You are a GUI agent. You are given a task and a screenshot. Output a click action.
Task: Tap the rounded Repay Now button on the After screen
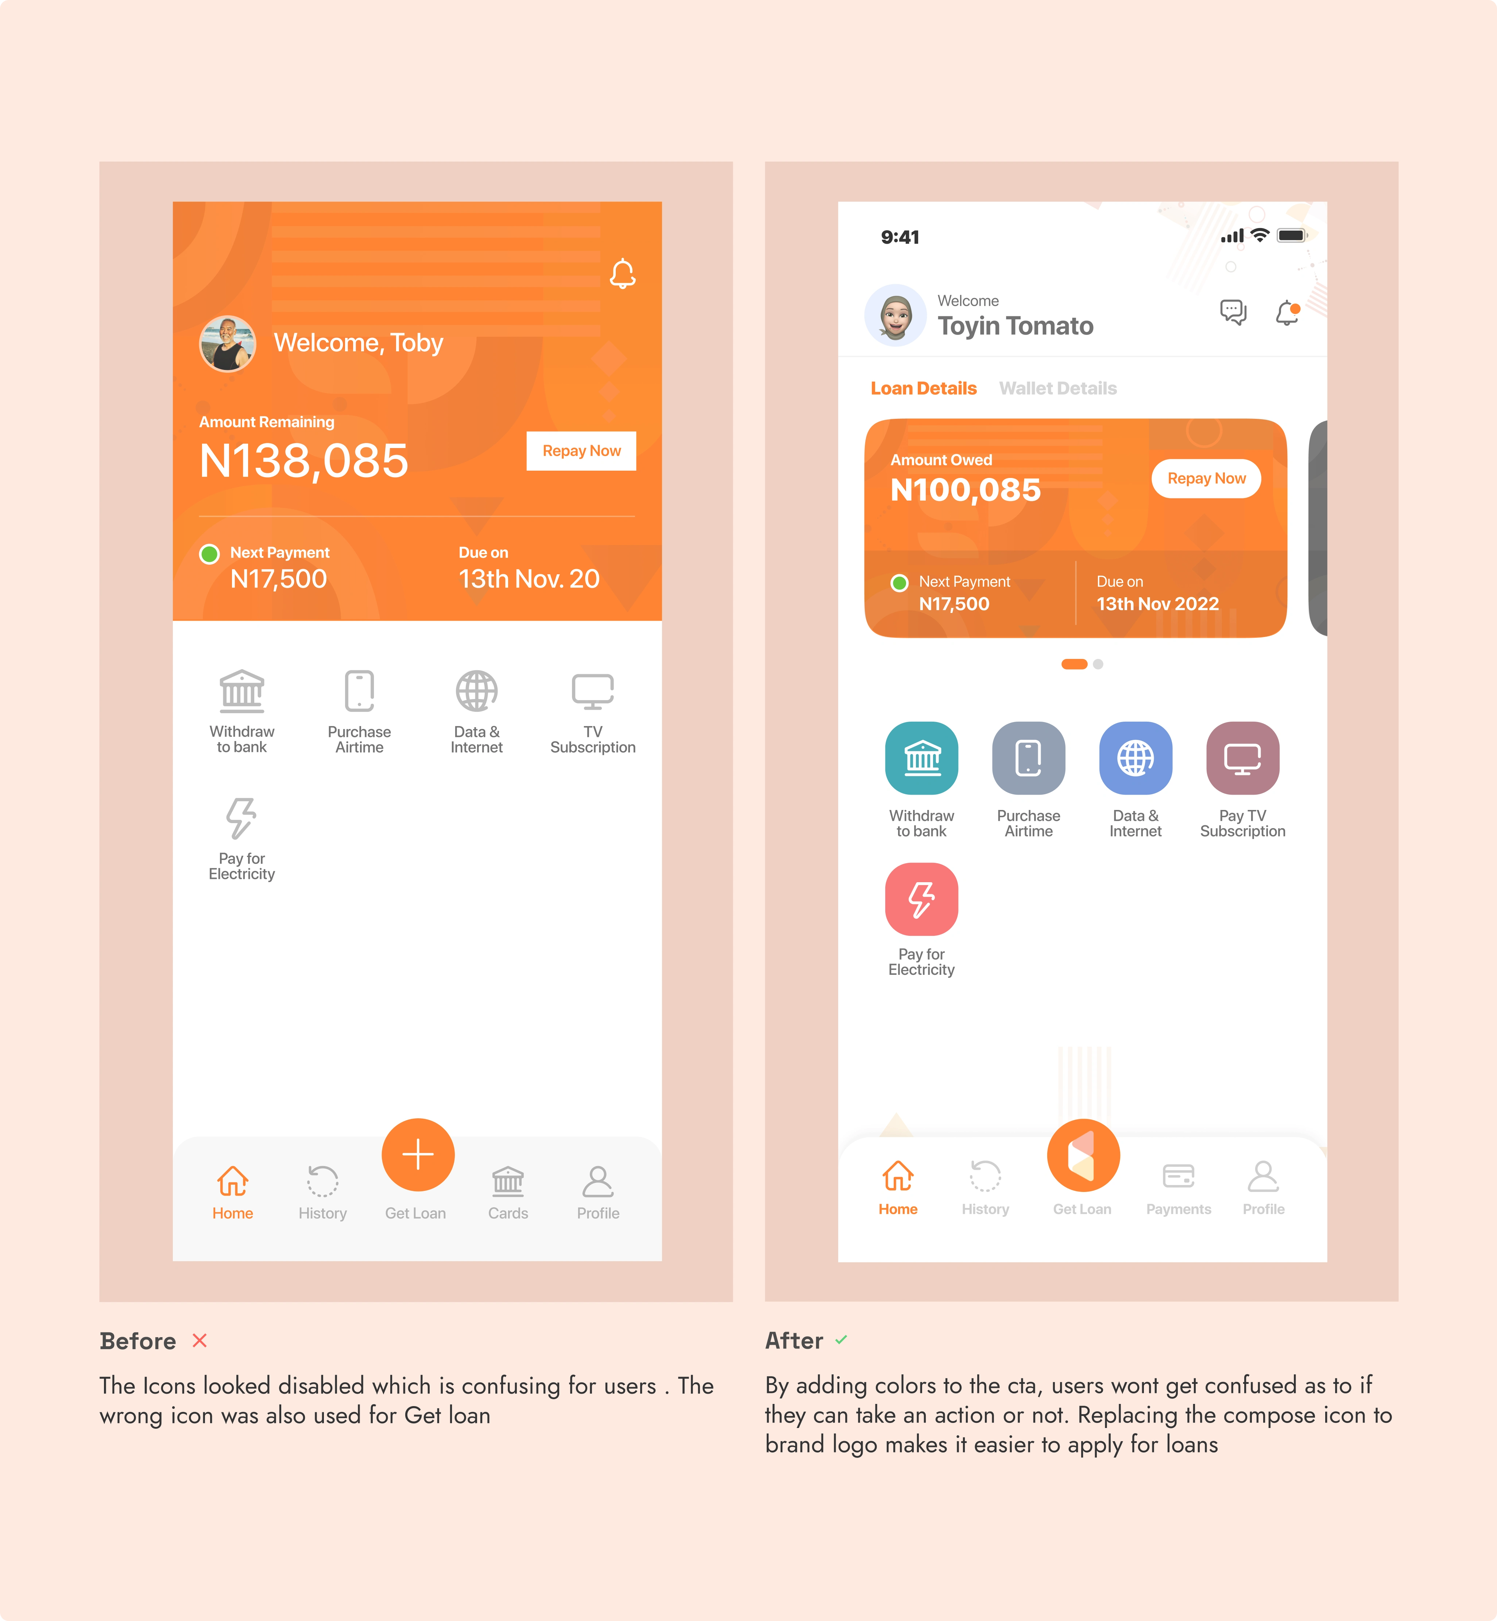point(1206,479)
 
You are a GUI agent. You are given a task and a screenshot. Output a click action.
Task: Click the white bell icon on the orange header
point(622,274)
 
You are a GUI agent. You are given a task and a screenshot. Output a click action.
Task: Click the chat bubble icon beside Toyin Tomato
point(1233,312)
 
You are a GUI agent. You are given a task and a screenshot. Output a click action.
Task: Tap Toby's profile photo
point(228,343)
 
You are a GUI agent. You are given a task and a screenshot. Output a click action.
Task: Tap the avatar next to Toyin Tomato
point(895,315)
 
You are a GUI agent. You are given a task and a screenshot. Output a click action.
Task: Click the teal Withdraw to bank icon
point(921,758)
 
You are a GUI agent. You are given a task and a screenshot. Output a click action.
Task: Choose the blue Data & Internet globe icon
point(1135,758)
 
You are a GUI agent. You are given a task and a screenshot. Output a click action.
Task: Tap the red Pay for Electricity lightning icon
point(921,899)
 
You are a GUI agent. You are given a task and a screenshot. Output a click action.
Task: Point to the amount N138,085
point(304,461)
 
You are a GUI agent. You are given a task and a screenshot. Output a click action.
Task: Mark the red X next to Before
point(199,1341)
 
